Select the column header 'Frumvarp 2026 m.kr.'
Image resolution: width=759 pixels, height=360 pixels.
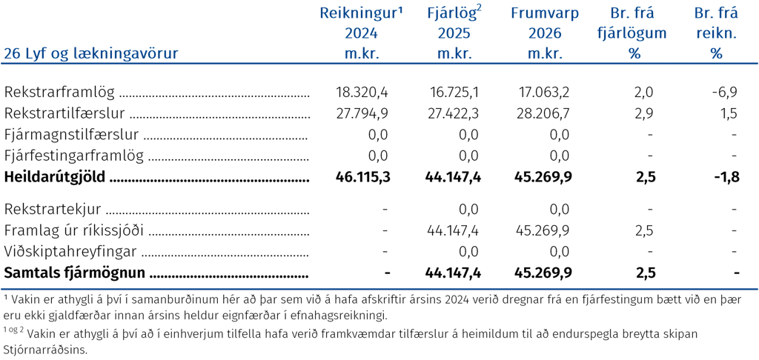point(545,33)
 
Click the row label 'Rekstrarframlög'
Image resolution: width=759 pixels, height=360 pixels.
point(59,92)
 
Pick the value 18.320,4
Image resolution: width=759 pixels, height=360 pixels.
point(362,91)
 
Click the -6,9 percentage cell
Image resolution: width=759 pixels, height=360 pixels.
point(724,91)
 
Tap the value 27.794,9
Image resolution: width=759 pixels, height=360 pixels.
point(361,114)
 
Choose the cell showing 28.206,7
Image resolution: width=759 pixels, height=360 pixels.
point(545,114)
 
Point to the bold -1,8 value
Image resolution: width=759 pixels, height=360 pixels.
point(727,177)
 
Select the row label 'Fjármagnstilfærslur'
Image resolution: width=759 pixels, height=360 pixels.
point(72,135)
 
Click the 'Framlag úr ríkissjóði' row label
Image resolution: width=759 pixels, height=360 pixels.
point(73,231)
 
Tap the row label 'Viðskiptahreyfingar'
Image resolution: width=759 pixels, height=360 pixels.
point(70,252)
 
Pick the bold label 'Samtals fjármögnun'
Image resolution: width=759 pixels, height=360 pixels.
point(75,273)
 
